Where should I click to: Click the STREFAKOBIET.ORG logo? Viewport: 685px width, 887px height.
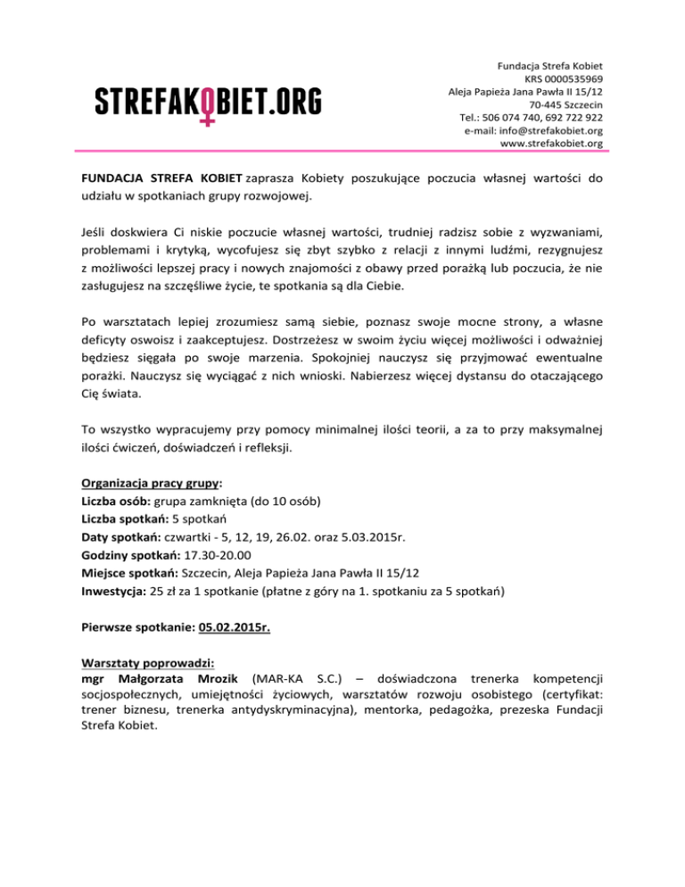(208, 103)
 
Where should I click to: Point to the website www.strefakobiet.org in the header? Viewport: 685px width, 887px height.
(552, 143)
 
